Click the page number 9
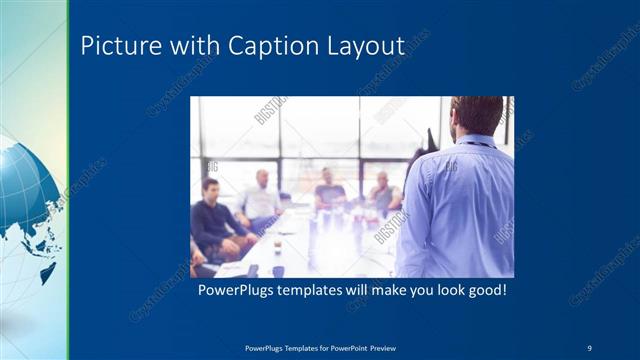point(589,347)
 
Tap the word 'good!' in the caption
point(487,292)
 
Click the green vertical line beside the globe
point(67,180)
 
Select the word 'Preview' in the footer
point(381,347)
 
